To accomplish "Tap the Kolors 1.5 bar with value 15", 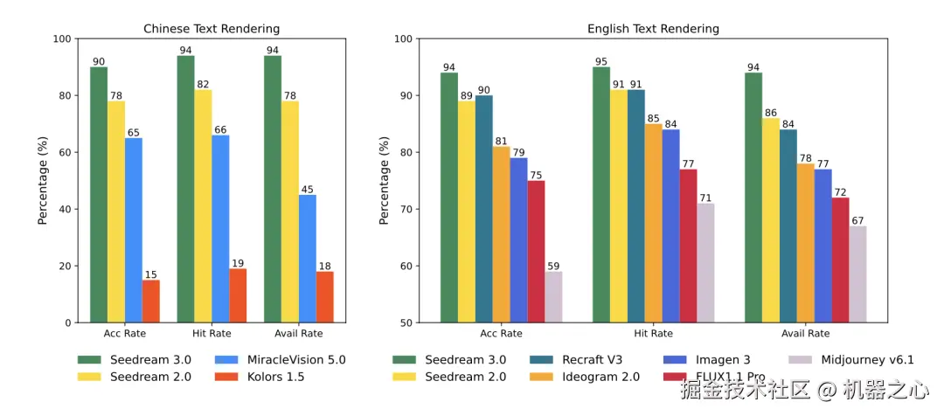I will tap(150, 301).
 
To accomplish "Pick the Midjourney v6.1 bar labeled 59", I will tap(553, 297).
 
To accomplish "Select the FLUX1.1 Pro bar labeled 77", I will tap(688, 246).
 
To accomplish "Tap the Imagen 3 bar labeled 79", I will tap(518, 240).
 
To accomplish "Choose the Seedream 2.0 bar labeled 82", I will tap(203, 205).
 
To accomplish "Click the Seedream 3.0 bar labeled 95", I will tap(601, 195).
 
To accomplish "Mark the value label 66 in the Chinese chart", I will tap(220, 129).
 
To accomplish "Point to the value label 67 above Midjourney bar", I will tap(857, 220).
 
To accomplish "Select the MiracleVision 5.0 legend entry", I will tap(281, 359).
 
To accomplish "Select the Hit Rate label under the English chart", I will tap(653, 333).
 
